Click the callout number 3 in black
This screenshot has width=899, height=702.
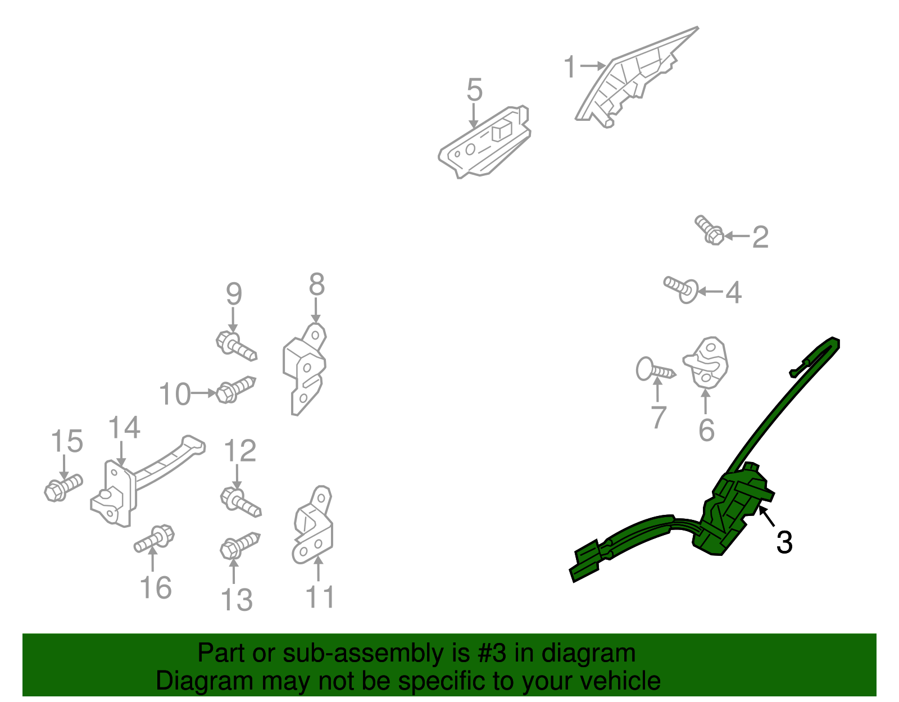(x=784, y=542)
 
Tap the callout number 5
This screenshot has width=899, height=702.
(x=474, y=89)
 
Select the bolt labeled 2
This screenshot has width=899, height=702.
(x=709, y=230)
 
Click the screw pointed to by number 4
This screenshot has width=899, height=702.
(x=681, y=289)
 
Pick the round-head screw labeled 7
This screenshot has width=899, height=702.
(x=656, y=369)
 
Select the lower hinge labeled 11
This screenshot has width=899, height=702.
(x=313, y=524)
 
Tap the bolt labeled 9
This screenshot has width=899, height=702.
(x=236, y=346)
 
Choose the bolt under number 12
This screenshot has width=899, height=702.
(x=241, y=502)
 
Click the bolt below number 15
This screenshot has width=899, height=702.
(x=63, y=488)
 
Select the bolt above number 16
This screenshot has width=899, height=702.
(x=154, y=539)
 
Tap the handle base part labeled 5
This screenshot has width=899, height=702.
(x=484, y=142)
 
